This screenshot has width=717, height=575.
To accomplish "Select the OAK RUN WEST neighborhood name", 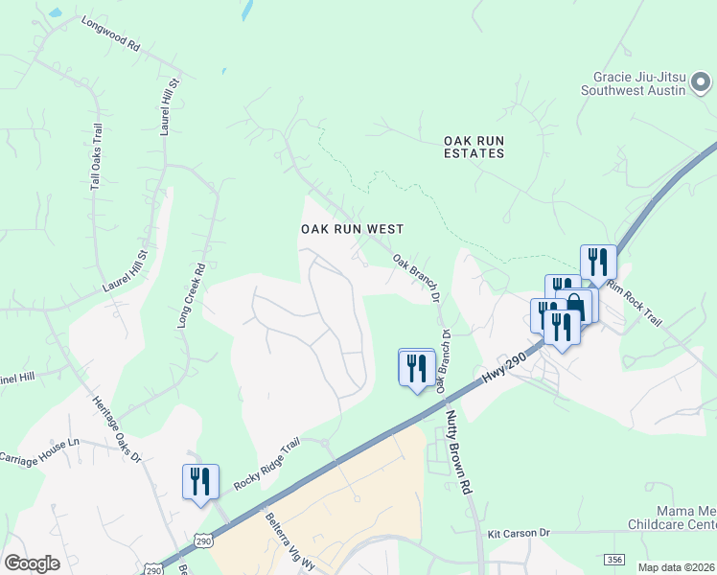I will tap(352, 229).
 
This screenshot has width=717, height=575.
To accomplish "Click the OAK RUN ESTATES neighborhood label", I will tap(474, 147).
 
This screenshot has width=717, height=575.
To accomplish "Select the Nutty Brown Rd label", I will tap(459, 451).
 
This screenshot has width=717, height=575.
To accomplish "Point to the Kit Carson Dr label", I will tap(517, 532).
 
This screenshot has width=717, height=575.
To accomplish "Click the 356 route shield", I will tap(614, 559).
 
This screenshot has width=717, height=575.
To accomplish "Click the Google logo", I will tap(32, 563).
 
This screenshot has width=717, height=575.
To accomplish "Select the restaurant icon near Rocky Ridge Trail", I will tap(200, 480).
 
